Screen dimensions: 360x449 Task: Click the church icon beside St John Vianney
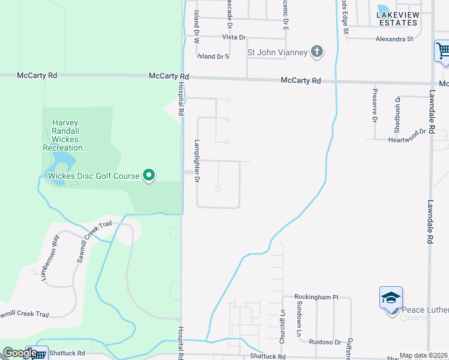click(x=316, y=52)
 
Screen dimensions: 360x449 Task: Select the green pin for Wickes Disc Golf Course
click(x=149, y=176)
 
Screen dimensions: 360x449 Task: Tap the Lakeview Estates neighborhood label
click(x=397, y=18)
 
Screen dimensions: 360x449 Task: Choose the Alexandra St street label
click(x=394, y=39)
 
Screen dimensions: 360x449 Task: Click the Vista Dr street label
click(x=234, y=37)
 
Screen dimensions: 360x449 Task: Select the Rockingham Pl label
click(x=316, y=297)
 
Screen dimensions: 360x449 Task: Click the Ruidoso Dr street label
click(x=325, y=342)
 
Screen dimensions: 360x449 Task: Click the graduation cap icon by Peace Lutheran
click(x=390, y=297)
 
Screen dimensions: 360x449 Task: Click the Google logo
click(x=19, y=353)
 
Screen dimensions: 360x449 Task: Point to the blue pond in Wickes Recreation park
click(x=63, y=161)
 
